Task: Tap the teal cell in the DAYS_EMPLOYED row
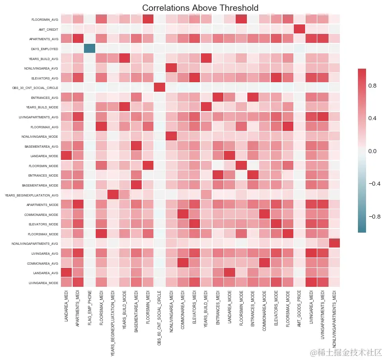[x=89, y=49]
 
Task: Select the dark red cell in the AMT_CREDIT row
[x=299, y=29]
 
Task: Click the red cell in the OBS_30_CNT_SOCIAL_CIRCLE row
[x=160, y=87]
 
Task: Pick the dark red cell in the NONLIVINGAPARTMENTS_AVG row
[x=334, y=243]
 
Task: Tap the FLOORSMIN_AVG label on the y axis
[x=45, y=19]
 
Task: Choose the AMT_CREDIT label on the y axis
[x=48, y=29]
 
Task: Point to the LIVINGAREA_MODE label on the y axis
[x=43, y=283]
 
